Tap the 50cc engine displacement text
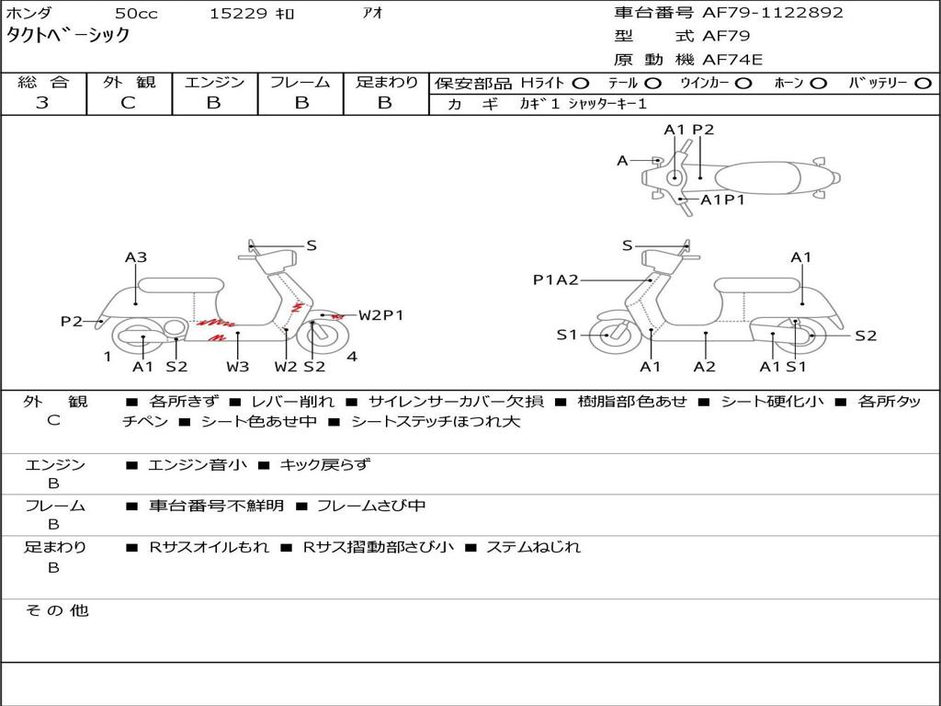click(135, 13)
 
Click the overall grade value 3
click(42, 103)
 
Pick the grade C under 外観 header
click(129, 103)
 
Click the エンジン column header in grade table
click(214, 82)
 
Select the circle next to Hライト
click(581, 83)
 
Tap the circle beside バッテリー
click(923, 83)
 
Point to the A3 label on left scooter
click(136, 257)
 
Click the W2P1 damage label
click(380, 315)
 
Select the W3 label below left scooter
click(238, 367)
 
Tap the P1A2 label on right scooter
click(556, 279)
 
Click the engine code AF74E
click(732, 60)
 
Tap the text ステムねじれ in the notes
click(533, 547)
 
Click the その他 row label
click(57, 610)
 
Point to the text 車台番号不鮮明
click(217, 506)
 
